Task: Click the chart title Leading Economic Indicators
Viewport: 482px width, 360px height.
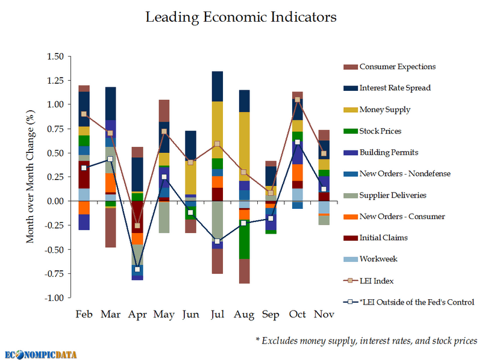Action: tap(241, 17)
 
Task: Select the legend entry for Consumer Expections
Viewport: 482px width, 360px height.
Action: tap(397, 67)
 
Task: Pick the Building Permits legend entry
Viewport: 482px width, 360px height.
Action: tap(388, 152)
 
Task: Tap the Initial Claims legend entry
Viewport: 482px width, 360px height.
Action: tap(383, 238)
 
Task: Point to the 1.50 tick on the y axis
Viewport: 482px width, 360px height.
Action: tap(55, 57)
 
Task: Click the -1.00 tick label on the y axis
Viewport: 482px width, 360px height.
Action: tap(54, 297)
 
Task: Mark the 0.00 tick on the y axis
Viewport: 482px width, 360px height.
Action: tap(55, 201)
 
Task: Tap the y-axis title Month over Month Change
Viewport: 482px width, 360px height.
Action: tap(30, 177)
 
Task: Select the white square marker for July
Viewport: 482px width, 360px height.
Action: tap(218, 241)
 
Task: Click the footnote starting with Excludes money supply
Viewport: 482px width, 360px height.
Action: tap(366, 341)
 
